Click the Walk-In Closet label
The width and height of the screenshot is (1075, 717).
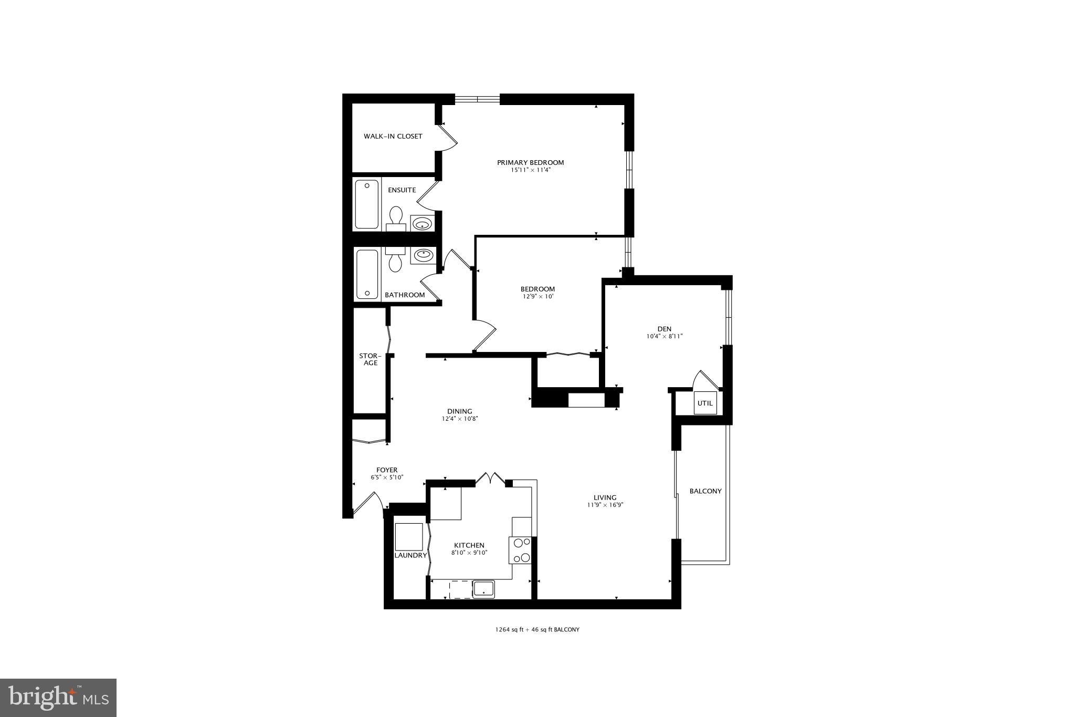pyautogui.click(x=393, y=137)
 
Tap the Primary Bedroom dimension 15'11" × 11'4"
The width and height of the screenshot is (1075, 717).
pyautogui.click(x=530, y=170)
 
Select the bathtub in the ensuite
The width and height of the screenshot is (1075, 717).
pyautogui.click(x=367, y=204)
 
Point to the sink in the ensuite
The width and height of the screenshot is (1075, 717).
pyautogui.click(x=422, y=224)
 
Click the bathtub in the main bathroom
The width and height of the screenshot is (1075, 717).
pyautogui.click(x=367, y=274)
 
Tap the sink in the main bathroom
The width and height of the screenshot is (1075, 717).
pyautogui.click(x=422, y=256)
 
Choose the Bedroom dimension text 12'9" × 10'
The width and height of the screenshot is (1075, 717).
pyautogui.click(x=537, y=297)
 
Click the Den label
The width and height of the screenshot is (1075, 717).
pyautogui.click(x=664, y=329)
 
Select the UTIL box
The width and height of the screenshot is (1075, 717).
pyautogui.click(x=705, y=403)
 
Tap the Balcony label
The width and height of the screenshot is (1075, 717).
pyautogui.click(x=705, y=491)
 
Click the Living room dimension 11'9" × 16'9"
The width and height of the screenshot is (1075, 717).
pyautogui.click(x=605, y=505)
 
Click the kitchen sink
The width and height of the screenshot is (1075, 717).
pyautogui.click(x=483, y=589)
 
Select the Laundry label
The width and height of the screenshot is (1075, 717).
pyautogui.click(x=410, y=555)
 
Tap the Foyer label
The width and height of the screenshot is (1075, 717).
pyautogui.click(x=387, y=470)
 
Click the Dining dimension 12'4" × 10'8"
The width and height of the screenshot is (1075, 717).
pyautogui.click(x=459, y=419)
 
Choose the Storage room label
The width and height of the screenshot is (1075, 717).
pyautogui.click(x=370, y=359)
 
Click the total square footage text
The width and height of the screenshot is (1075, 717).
pyautogui.click(x=537, y=629)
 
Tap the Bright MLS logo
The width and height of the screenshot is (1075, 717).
pyautogui.click(x=58, y=698)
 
